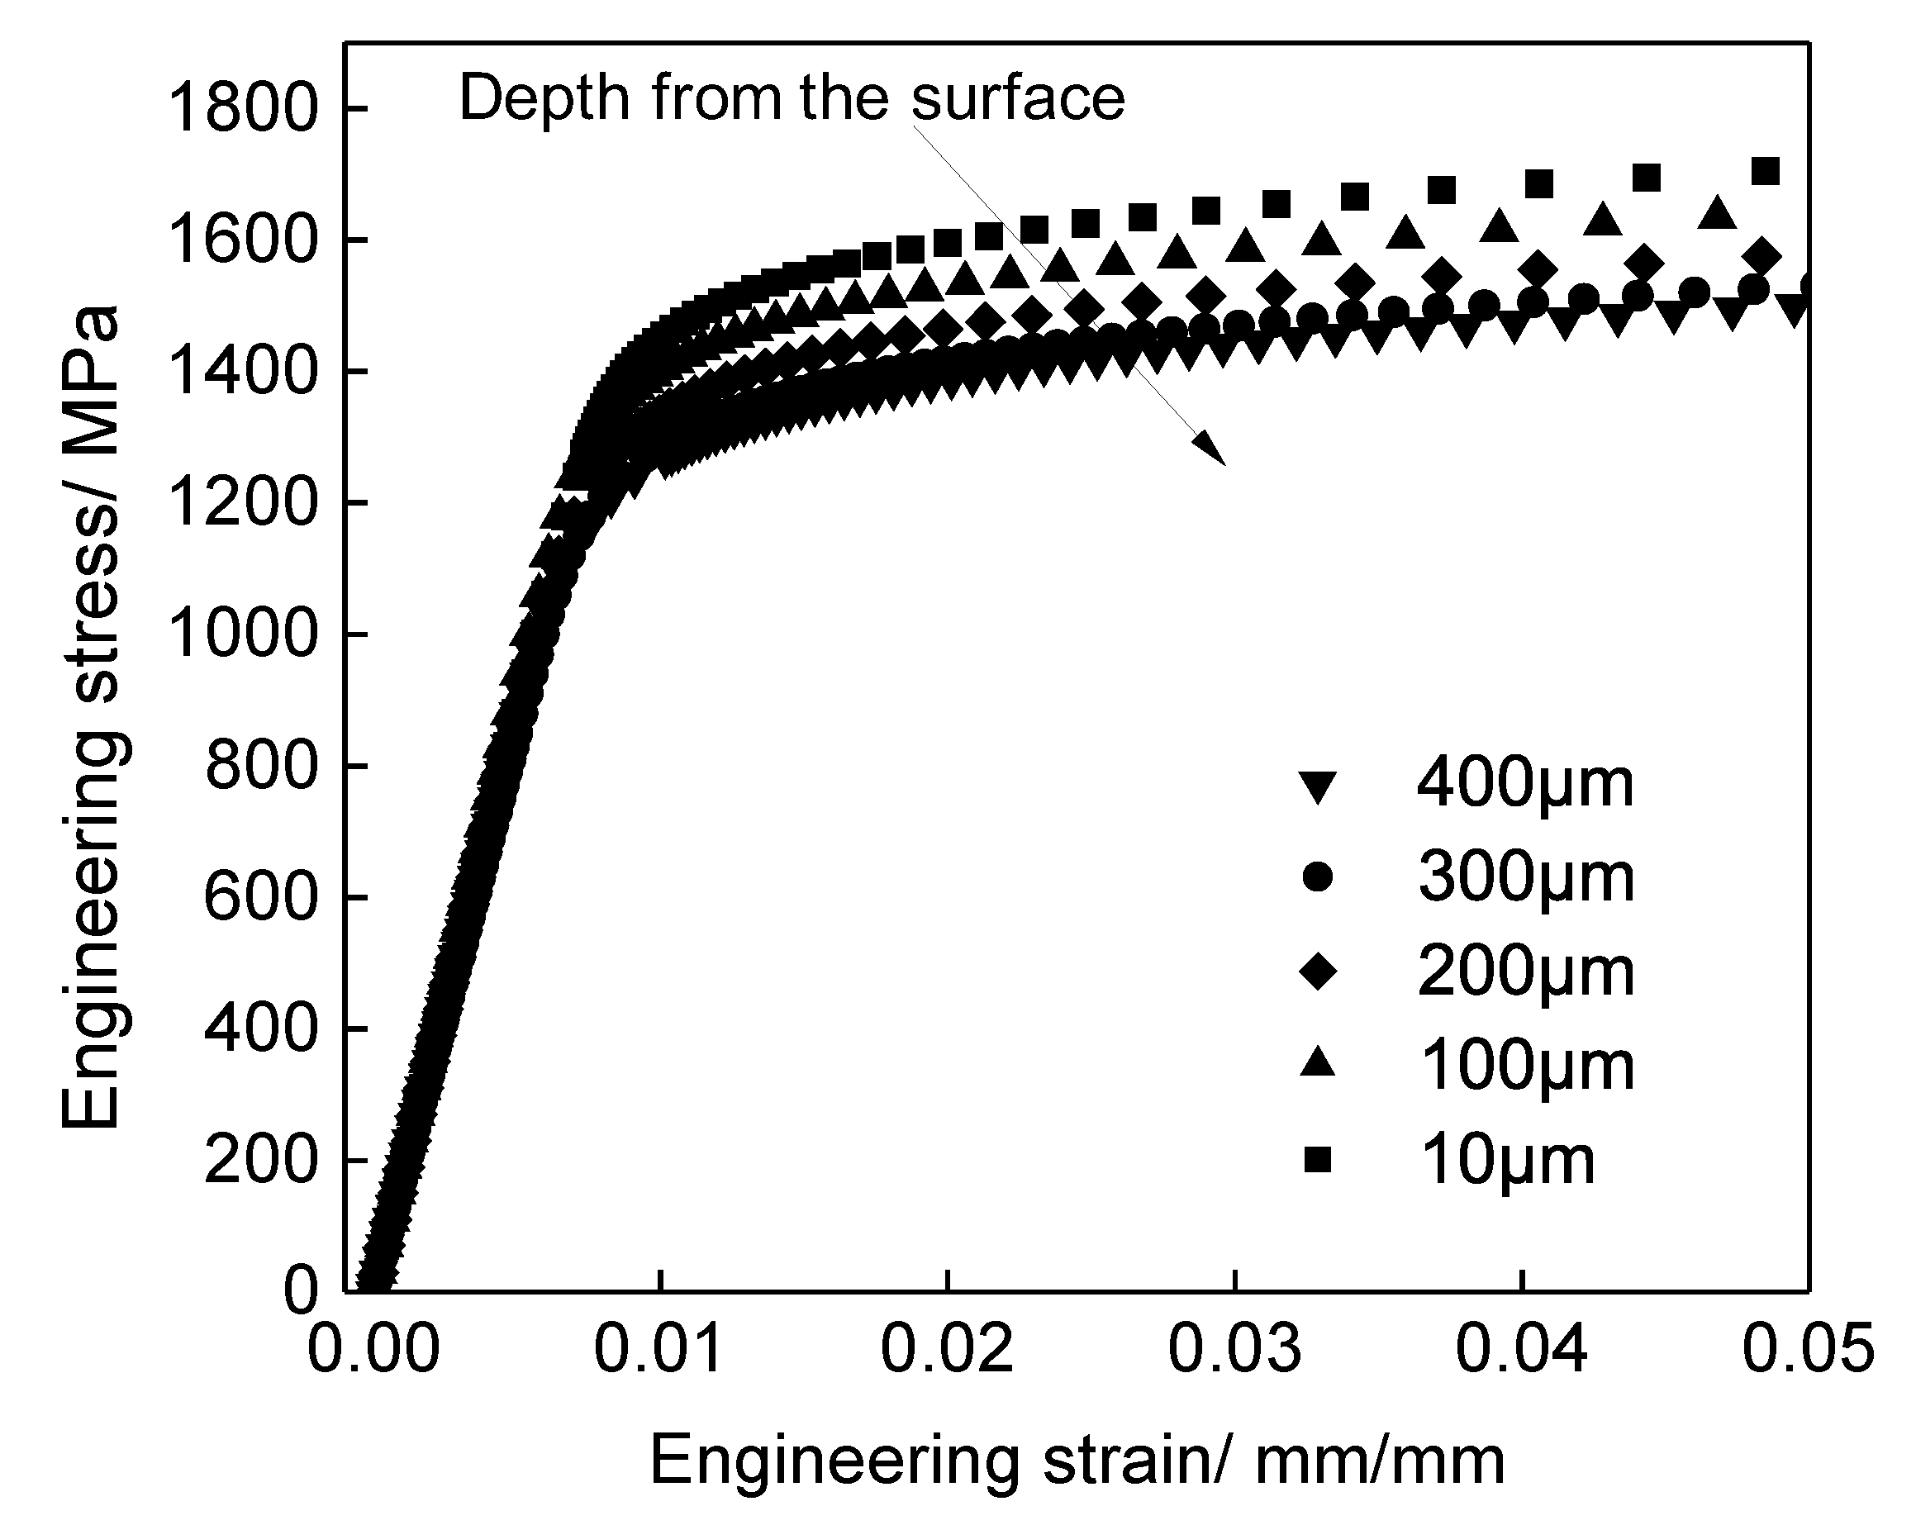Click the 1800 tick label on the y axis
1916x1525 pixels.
pyautogui.click(x=242, y=110)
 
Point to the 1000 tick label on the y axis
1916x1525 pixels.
pyautogui.click(x=242, y=635)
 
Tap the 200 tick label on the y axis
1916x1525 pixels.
pyautogui.click(x=259, y=1161)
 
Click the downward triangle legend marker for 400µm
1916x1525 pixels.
pyautogui.click(x=1317, y=786)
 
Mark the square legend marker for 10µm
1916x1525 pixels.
pyautogui.click(x=1317, y=1160)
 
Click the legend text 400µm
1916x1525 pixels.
pyautogui.click(x=1525, y=785)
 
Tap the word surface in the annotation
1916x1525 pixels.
pyautogui.click(x=1019, y=97)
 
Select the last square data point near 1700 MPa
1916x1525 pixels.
pyautogui.click(x=1765, y=171)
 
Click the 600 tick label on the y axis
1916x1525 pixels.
pyautogui.click(x=259, y=898)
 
